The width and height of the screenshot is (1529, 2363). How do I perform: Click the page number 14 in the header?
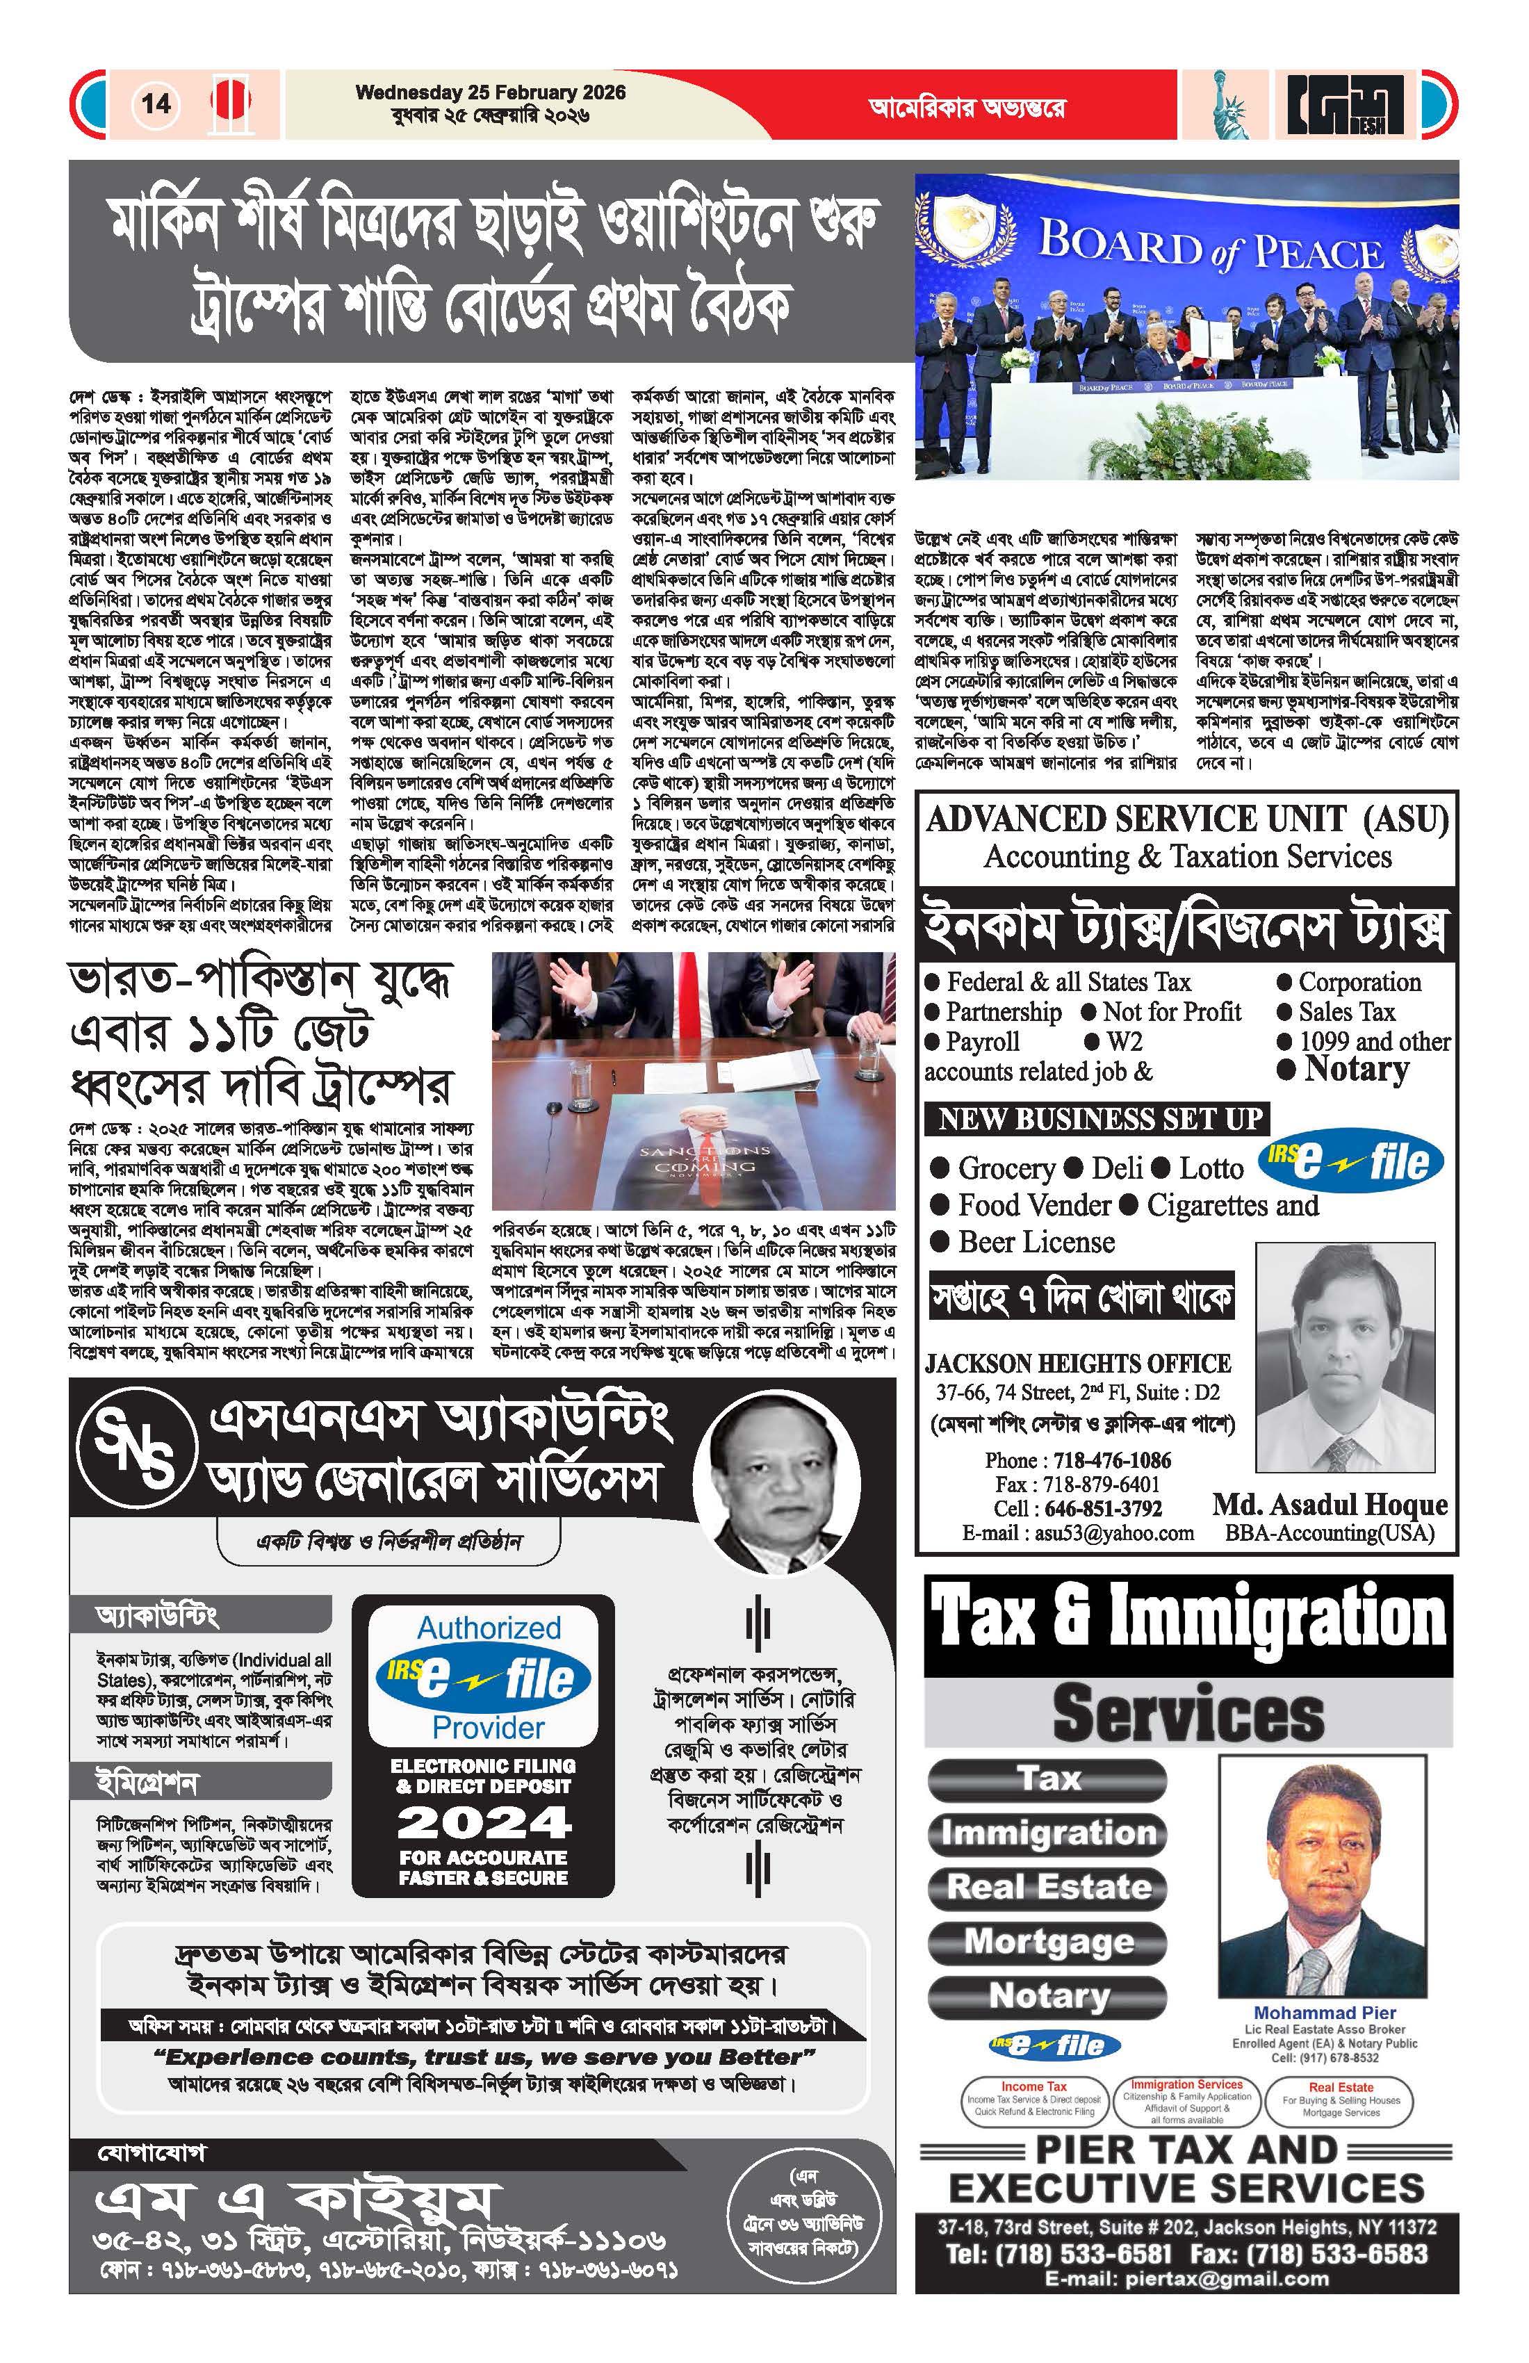click(x=156, y=104)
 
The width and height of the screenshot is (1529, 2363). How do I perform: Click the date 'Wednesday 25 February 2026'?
click(x=491, y=92)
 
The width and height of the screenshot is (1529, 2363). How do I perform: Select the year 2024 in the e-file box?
click(x=484, y=1822)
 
